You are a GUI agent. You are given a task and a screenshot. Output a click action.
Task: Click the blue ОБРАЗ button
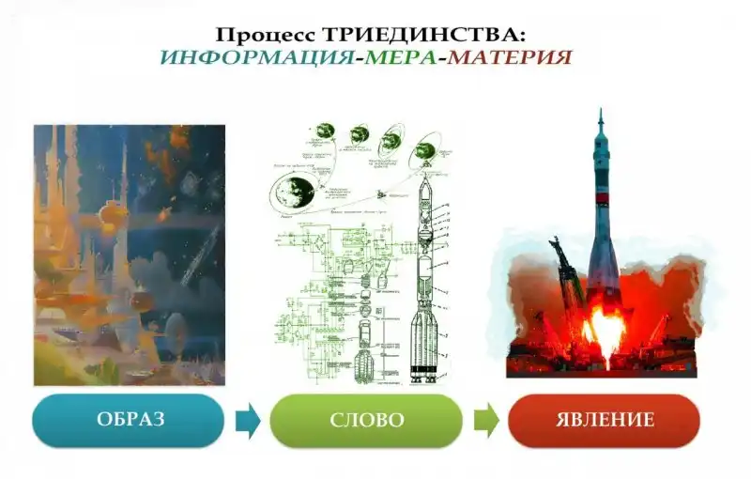click(129, 420)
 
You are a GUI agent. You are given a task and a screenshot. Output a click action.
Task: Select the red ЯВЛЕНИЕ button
click(604, 420)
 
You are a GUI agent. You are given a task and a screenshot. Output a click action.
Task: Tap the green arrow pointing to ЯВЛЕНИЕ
click(485, 421)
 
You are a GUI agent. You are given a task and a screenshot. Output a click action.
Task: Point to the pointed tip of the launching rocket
click(601, 113)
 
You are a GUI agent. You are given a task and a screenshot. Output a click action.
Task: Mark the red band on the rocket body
click(602, 217)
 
